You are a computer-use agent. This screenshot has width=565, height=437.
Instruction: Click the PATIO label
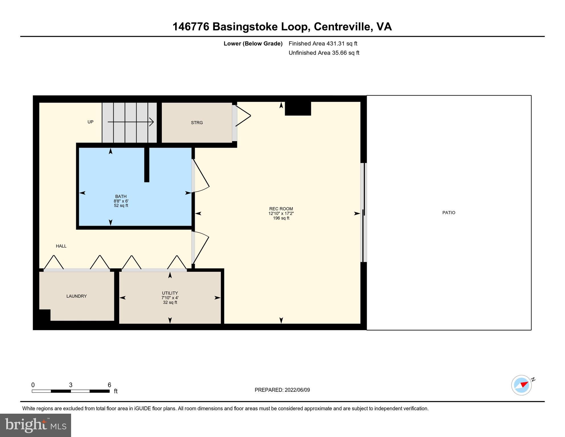point(448,213)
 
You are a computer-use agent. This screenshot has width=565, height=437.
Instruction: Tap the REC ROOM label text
point(281,209)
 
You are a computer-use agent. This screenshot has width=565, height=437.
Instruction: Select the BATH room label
point(121,196)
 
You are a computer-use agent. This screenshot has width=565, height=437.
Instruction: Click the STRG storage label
point(197,123)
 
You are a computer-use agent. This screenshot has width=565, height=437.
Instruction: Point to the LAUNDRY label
point(76,296)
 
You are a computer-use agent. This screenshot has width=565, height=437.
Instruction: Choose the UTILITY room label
point(170,293)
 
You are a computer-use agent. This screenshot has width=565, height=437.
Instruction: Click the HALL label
point(61,246)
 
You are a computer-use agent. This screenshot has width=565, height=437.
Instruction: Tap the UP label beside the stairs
point(90,122)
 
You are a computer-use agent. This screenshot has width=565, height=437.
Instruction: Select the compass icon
point(521,385)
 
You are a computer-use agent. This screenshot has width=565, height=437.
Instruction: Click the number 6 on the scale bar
point(109,385)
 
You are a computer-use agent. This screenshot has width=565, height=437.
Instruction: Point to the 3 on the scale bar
point(71,385)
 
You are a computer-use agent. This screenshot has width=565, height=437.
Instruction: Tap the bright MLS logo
point(36,425)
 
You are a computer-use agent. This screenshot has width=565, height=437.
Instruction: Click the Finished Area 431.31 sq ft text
point(323,44)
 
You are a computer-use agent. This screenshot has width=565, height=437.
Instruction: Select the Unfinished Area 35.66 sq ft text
point(324,53)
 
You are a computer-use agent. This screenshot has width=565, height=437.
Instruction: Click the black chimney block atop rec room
point(298,109)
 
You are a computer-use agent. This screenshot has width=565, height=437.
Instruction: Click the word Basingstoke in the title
point(245,27)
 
